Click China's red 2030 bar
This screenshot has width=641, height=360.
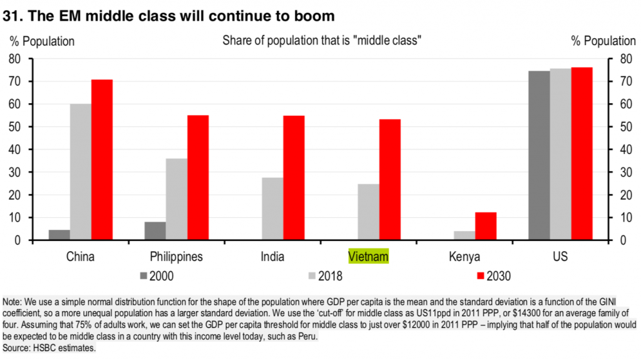pos(102,160)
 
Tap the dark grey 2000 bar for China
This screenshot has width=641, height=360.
pos(59,235)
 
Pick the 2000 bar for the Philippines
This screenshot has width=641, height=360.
pos(155,231)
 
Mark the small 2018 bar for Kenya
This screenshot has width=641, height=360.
pos(464,235)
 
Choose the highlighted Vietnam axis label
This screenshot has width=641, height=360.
pos(369,257)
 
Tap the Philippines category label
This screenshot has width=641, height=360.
pos(177,257)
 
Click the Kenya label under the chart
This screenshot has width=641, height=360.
pos(464,257)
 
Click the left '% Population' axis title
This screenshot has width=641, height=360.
pos(42,41)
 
